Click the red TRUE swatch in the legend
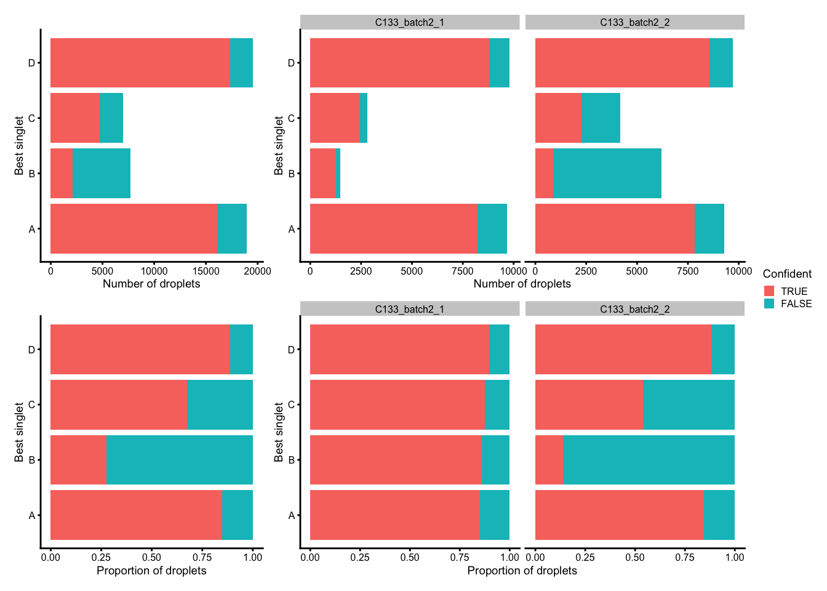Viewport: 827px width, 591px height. (769, 291)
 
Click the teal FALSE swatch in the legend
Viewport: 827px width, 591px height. (769, 304)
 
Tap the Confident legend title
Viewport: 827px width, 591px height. (787, 274)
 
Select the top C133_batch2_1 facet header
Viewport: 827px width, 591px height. (410, 22)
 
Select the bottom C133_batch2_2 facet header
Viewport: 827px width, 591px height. (634, 309)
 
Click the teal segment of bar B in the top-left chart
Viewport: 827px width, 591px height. (102, 174)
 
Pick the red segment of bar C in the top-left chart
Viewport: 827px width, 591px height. (74, 118)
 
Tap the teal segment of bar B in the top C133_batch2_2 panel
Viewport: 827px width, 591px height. (607, 174)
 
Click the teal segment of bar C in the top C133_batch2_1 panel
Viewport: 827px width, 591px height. (364, 118)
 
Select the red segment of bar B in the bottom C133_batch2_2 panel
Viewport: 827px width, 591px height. (549, 460)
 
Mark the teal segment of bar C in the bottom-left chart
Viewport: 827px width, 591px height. (220, 404)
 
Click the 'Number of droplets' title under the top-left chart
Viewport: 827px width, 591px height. (151, 284)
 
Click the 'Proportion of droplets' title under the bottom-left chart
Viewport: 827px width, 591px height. (151, 571)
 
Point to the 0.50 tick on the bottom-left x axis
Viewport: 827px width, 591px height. (151, 557)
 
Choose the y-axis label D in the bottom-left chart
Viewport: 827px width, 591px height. (32, 350)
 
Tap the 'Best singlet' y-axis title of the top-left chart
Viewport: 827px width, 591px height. (20, 146)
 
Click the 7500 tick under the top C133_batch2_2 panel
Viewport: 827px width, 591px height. (687, 270)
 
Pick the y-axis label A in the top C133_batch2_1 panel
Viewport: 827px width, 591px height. (292, 229)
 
